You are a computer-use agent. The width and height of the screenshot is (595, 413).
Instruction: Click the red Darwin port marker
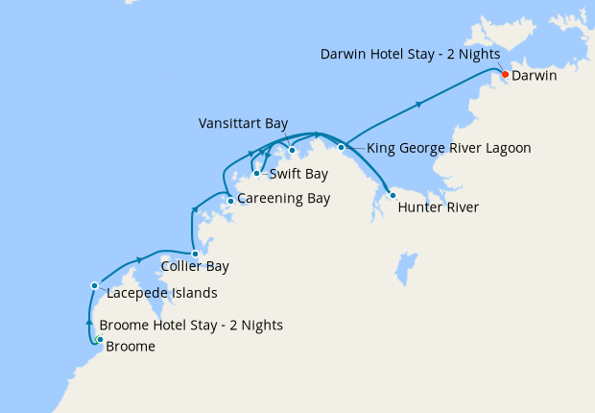click(x=505, y=73)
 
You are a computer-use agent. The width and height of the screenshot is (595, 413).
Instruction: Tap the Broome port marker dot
click(x=100, y=338)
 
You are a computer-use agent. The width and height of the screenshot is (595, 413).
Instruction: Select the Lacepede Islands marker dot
click(x=94, y=285)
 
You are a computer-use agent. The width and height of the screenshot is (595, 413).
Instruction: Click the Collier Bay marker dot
click(x=196, y=255)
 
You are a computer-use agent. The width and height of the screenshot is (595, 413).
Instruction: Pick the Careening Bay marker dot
click(x=230, y=201)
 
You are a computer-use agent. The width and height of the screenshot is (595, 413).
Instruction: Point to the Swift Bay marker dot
click(x=256, y=174)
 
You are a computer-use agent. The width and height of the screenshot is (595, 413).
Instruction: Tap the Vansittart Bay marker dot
click(x=292, y=150)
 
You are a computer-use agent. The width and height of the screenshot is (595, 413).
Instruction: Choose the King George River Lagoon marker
click(x=342, y=147)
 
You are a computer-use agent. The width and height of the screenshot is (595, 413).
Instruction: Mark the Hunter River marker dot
click(x=392, y=195)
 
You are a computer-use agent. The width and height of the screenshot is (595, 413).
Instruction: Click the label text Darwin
click(x=535, y=75)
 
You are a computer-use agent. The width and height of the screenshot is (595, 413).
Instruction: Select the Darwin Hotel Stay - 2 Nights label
click(x=410, y=55)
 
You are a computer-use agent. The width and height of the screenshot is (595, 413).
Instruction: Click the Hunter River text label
click(x=438, y=207)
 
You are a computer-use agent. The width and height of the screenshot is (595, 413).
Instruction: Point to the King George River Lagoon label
click(x=449, y=149)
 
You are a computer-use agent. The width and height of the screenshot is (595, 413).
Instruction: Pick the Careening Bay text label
click(x=283, y=200)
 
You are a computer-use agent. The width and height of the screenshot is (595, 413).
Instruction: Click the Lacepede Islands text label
click(x=162, y=293)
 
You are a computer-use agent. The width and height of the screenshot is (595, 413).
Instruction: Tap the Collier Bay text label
click(x=195, y=267)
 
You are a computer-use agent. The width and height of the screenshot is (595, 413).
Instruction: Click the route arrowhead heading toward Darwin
click(x=419, y=103)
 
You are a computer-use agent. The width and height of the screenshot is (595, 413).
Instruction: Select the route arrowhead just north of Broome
click(x=89, y=322)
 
